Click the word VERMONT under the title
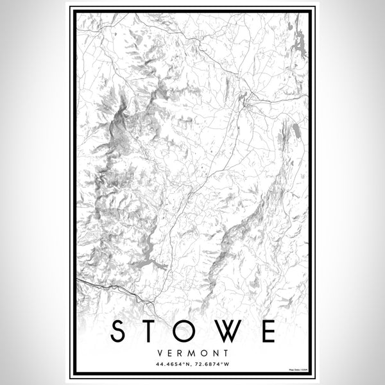(x=193, y=353)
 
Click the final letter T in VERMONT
(x=222, y=353)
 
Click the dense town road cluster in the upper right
(x=246, y=100)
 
